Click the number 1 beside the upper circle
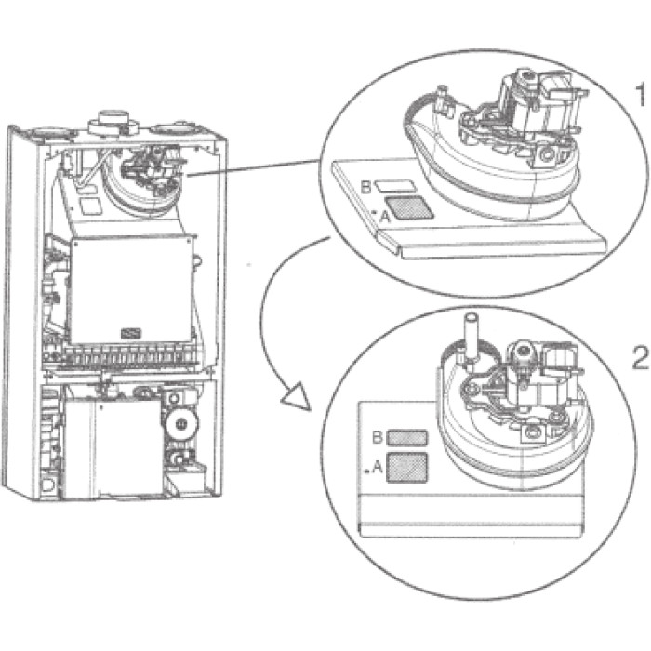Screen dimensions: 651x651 click(641, 94)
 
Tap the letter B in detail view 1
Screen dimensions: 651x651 click(365, 187)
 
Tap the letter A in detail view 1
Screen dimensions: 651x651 click(385, 216)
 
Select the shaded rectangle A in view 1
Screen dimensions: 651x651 click(410, 208)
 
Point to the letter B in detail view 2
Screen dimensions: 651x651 click(378, 437)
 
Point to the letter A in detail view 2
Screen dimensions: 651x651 click(378, 468)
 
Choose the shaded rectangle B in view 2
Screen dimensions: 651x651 click(406, 438)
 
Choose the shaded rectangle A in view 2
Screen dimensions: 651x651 click(407, 468)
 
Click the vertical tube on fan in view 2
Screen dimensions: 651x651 click(472, 340)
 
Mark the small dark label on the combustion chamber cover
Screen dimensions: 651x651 click(131, 333)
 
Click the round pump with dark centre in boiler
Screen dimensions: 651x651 click(181, 423)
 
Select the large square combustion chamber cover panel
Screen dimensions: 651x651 click(132, 290)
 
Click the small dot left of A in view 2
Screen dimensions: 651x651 click(366, 472)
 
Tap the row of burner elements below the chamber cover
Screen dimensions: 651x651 click(120, 354)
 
